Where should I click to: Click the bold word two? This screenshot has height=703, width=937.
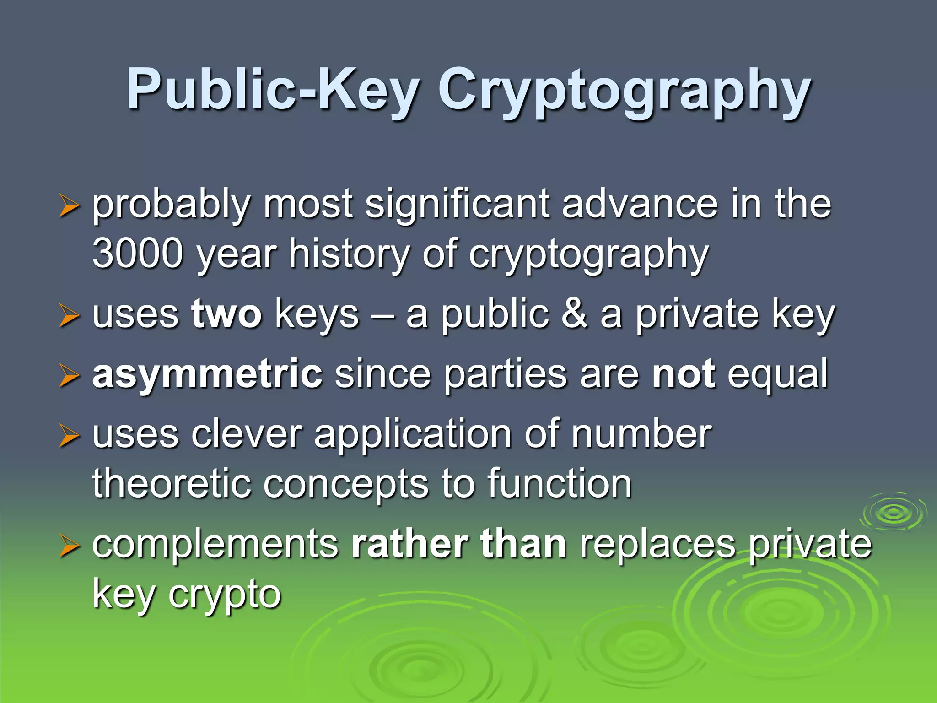227,314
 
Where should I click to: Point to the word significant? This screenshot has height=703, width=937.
457,205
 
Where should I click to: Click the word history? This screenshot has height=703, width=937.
349,254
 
